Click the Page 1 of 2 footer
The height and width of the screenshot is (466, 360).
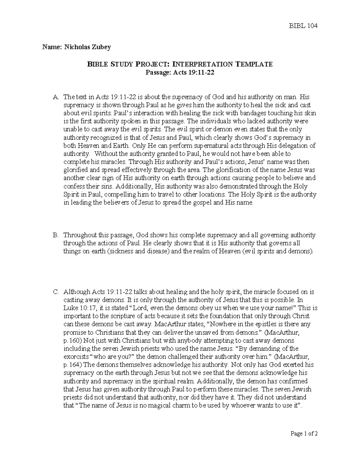click(304, 433)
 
